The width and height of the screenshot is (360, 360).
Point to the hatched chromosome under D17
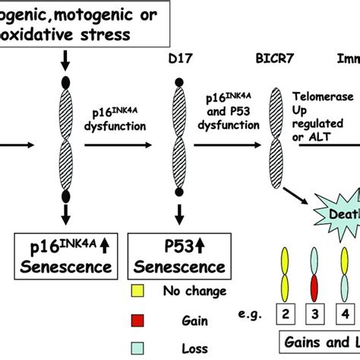pos(179,144)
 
